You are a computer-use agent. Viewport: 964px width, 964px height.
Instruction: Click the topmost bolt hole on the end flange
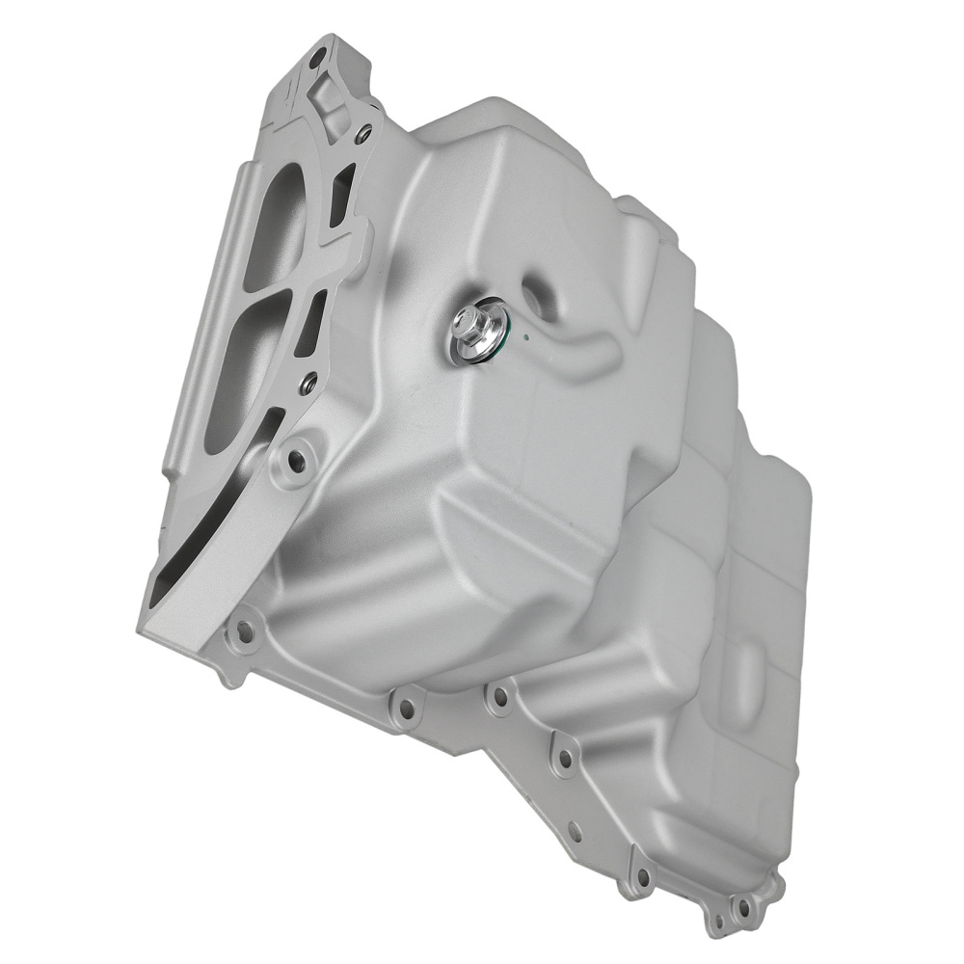[317, 62]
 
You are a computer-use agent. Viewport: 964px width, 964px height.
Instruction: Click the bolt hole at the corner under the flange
[245, 632]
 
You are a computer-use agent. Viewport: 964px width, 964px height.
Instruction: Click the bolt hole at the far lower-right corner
[742, 907]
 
